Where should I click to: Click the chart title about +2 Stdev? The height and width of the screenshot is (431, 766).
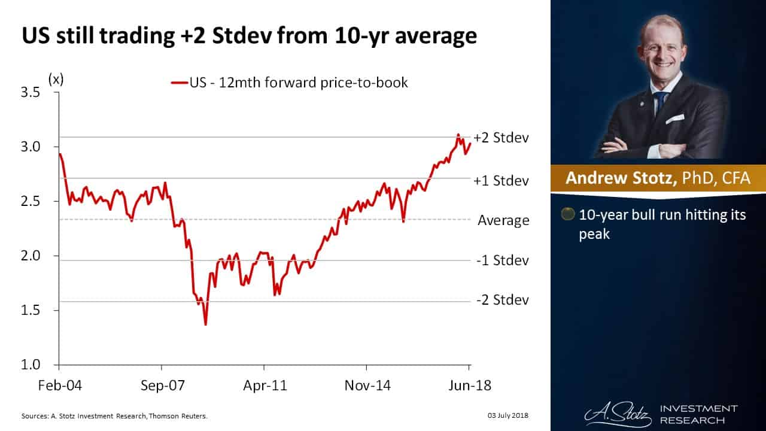coord(249,37)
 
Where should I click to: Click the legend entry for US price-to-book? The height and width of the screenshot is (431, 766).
coord(290,83)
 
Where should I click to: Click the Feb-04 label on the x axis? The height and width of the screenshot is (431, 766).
coord(59,385)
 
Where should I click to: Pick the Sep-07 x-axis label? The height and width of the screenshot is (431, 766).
coord(162,385)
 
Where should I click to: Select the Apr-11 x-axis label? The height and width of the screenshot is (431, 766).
coord(264,385)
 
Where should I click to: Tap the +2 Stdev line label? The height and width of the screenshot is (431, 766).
coord(501,138)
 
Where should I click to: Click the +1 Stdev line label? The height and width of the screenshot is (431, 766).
coord(501,180)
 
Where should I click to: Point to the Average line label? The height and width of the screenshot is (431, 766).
coord(503,221)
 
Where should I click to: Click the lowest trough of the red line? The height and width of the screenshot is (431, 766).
coord(205,324)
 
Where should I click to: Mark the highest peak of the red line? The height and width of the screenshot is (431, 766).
coord(458,135)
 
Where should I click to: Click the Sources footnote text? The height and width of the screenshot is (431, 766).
coord(114,415)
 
